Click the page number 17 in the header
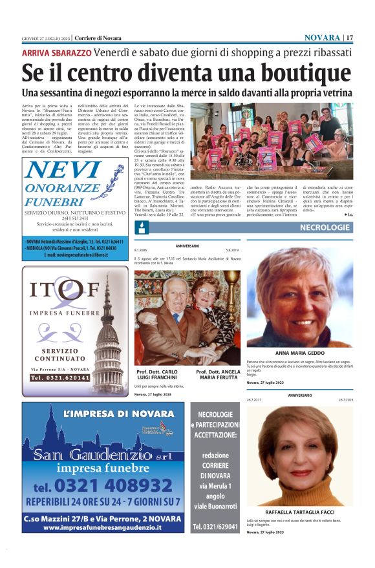click(350, 37)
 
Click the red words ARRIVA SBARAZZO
click(56, 52)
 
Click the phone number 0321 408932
click(105, 485)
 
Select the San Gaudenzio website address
click(102, 527)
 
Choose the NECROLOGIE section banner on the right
click(325, 227)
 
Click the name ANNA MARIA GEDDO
click(299, 353)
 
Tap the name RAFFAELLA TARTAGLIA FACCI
click(299, 510)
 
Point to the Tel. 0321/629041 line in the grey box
click(215, 527)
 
